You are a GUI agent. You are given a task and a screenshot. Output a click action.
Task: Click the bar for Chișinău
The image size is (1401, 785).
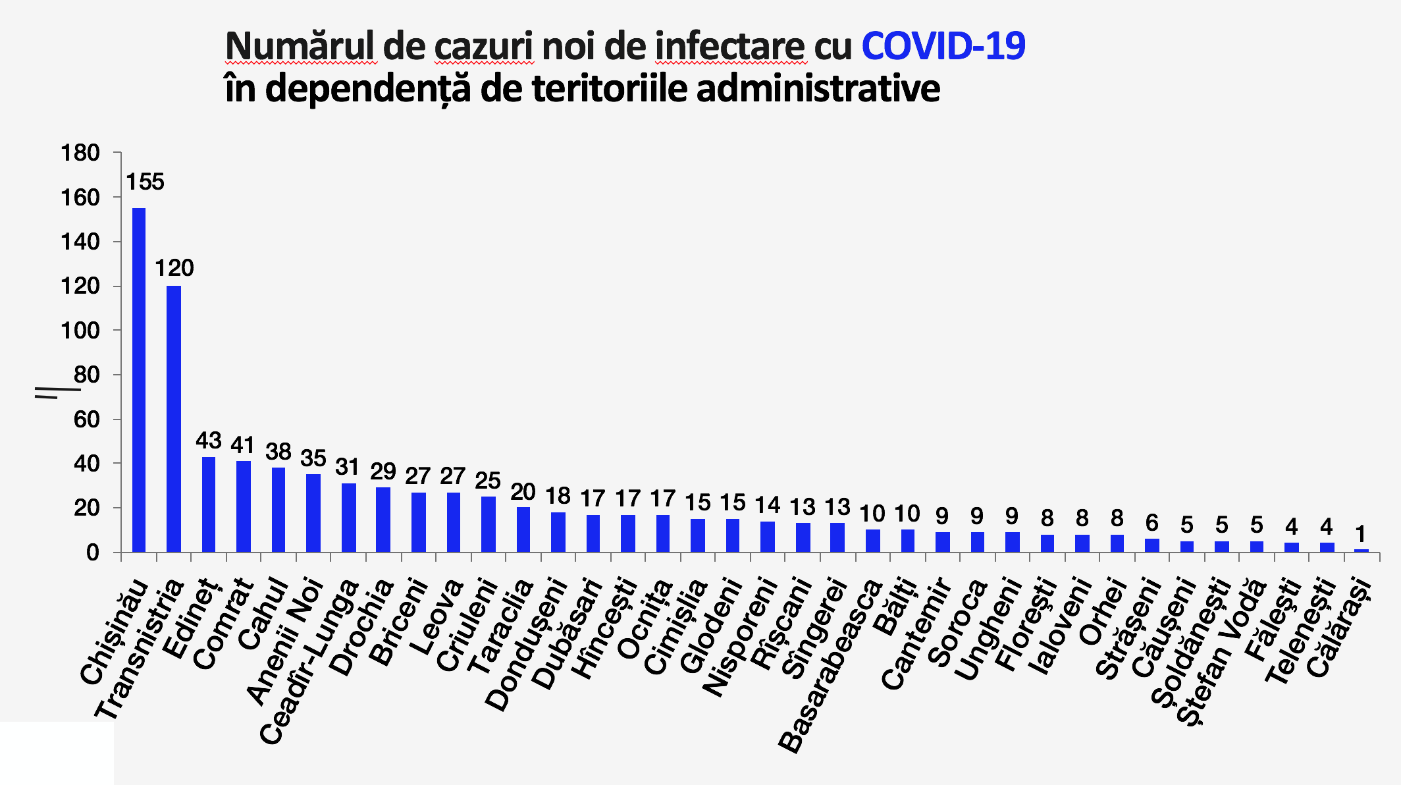pyautogui.click(x=139, y=379)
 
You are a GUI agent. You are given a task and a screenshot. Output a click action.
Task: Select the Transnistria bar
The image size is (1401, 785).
pyautogui.click(x=174, y=418)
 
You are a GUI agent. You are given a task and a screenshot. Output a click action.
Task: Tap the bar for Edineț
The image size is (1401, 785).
pyautogui.click(x=209, y=504)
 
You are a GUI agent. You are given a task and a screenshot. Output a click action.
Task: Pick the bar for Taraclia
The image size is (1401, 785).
pyautogui.click(x=523, y=529)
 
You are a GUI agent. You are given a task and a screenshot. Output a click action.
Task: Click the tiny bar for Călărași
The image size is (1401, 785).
pyautogui.click(x=1361, y=550)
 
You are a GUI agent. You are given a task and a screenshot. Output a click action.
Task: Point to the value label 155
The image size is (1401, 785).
pyautogui.click(x=145, y=182)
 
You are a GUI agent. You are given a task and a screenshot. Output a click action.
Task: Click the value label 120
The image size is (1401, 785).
pyautogui.click(x=174, y=268)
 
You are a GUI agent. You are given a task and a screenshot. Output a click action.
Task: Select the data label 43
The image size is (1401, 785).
pyautogui.click(x=209, y=441)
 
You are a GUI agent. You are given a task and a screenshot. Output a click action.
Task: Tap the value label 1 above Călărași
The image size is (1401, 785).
pyautogui.click(x=1360, y=533)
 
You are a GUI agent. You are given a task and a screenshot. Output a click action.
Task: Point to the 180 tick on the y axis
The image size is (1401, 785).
pyautogui.click(x=80, y=153)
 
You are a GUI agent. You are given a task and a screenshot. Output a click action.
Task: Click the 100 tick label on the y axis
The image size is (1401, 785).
pyautogui.click(x=80, y=331)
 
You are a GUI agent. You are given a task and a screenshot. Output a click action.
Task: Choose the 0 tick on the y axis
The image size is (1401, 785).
pyautogui.click(x=92, y=553)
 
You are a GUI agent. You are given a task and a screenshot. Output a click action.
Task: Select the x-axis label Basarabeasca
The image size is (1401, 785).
pyautogui.click(x=831, y=665)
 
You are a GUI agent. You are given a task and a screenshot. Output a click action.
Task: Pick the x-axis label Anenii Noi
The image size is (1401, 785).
pyautogui.click(x=286, y=639)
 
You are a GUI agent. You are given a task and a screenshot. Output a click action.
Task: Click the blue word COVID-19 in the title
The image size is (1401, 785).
pyautogui.click(x=943, y=47)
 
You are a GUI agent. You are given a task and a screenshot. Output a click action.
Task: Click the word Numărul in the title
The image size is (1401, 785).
pyautogui.click(x=301, y=47)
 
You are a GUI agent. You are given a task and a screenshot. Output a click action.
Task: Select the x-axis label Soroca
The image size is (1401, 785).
pyautogui.click(x=959, y=622)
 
